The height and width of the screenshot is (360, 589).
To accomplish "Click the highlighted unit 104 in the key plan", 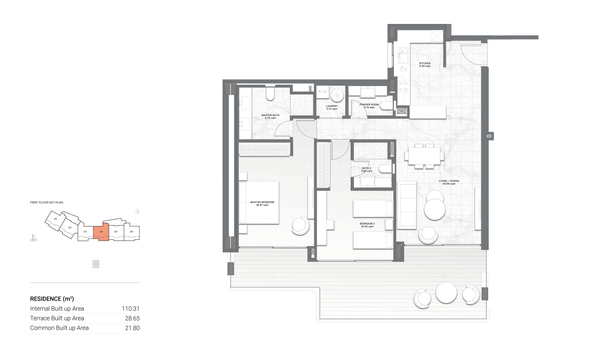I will [x=101, y=232].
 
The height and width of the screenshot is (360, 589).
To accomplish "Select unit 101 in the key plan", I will [x=55, y=219].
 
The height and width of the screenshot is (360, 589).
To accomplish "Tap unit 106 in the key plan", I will [x=132, y=232].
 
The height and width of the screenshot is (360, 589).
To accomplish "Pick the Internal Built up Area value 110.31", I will [x=131, y=309].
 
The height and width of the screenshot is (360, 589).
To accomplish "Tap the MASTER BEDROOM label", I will [x=262, y=203].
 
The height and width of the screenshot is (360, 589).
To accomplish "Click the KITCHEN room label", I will [x=425, y=63].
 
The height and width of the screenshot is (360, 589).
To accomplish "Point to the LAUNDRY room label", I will [x=332, y=106].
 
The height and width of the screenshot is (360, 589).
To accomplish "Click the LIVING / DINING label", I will [x=449, y=181].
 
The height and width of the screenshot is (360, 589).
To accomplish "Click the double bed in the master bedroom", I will [x=259, y=203].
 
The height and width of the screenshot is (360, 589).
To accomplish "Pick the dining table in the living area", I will [x=424, y=156].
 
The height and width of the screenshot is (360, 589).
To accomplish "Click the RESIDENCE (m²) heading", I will [x=52, y=298].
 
